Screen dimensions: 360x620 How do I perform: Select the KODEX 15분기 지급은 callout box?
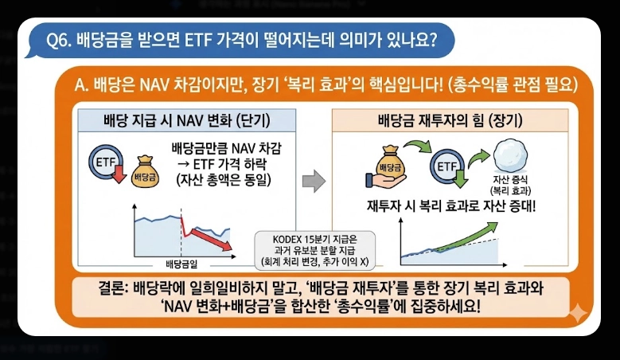(314, 250)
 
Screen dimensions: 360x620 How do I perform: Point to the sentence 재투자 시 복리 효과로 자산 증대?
(452, 204)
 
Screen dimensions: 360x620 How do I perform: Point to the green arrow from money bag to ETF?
(419, 146)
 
